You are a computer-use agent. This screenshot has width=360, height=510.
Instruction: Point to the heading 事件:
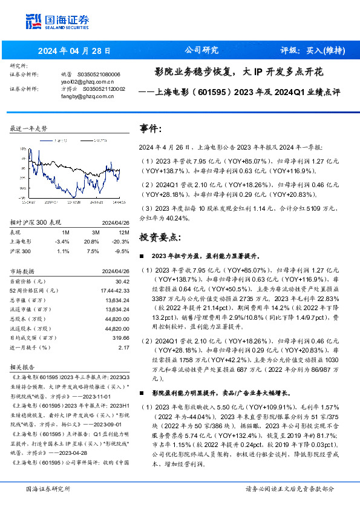click(151, 129)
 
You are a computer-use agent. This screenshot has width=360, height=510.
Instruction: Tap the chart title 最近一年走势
click(29, 129)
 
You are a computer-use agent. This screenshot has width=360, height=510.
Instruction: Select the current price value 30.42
click(123, 281)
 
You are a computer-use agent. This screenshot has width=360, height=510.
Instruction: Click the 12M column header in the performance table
click(124, 232)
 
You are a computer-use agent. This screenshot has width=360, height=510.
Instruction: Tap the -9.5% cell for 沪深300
click(123, 250)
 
